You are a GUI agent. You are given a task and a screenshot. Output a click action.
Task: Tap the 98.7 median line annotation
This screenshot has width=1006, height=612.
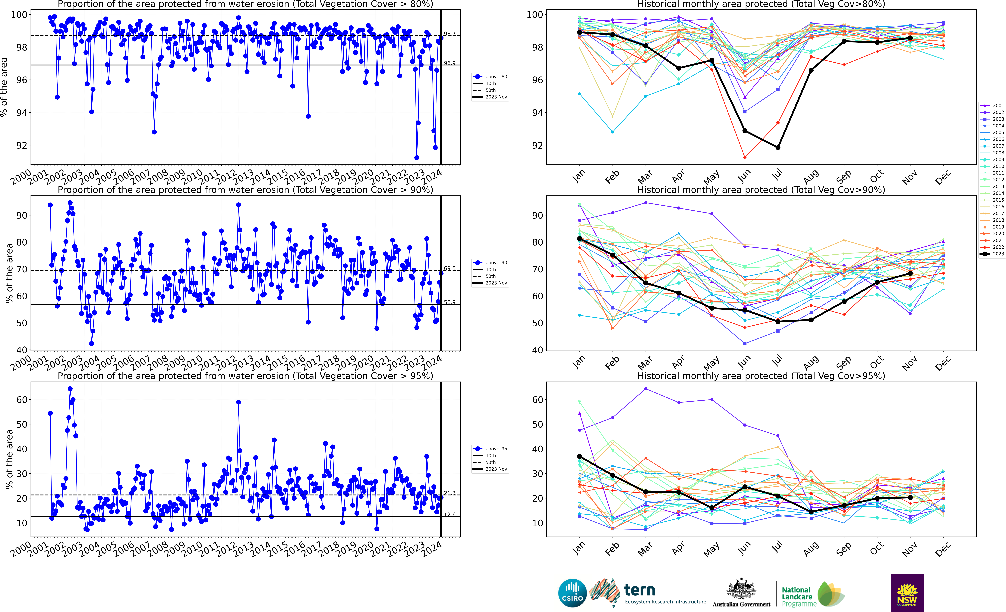(449, 34)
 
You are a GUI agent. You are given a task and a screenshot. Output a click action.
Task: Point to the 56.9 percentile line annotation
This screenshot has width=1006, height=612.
(449, 302)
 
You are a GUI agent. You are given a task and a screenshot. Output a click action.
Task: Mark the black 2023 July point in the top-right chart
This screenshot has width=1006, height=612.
(778, 147)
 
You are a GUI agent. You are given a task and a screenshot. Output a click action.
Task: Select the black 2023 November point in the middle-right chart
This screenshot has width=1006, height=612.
(910, 273)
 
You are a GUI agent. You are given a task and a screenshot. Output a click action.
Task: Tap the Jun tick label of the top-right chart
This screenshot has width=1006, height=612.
(744, 176)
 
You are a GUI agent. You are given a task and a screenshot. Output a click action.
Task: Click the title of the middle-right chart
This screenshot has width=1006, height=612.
(761, 190)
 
